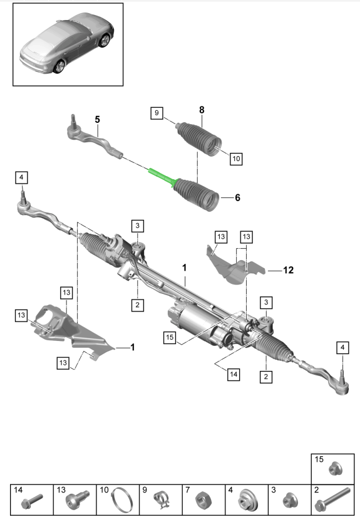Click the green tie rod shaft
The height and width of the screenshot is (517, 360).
pyautogui.click(x=161, y=176)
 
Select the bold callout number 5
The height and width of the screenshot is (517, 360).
pyautogui.click(x=97, y=118)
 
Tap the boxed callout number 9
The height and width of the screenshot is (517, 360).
pyautogui.click(x=156, y=113)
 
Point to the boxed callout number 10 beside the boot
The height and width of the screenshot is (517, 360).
pyautogui.click(x=235, y=159)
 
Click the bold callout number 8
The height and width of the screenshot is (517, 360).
pyautogui.click(x=202, y=110)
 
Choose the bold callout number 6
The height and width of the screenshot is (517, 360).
pyautogui.click(x=237, y=197)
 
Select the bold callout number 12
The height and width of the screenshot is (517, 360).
pyautogui.click(x=288, y=271)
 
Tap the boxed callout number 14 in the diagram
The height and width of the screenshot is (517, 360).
pyautogui.click(x=234, y=374)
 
